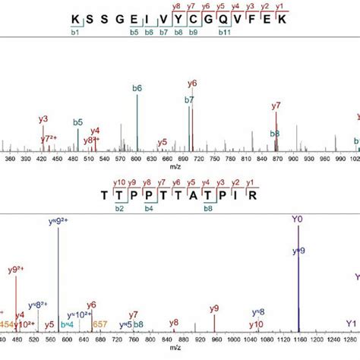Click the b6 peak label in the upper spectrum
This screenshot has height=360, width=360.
137,88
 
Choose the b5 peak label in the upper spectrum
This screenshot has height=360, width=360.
77,122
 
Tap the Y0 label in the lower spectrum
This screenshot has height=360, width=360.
297,221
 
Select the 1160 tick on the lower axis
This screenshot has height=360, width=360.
298,339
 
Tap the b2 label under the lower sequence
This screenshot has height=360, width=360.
119,208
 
